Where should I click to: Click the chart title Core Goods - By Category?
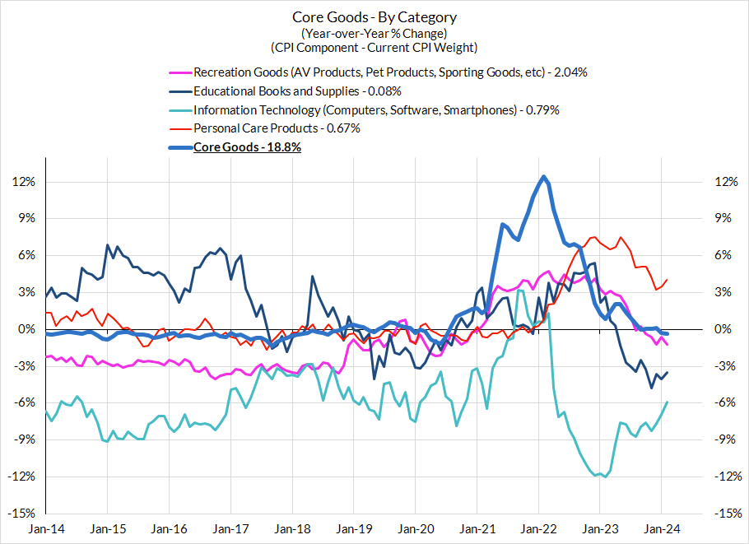374,17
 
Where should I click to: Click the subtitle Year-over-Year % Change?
374,33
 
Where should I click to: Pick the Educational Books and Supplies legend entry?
297,91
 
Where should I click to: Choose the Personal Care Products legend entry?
277,128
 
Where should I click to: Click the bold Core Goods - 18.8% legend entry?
247,147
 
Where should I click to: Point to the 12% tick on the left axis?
25,182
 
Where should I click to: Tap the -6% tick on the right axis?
722,402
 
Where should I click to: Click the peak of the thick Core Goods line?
543,177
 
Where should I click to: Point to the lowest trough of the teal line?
606,477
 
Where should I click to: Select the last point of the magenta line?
667,344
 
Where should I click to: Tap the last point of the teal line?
667,402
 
